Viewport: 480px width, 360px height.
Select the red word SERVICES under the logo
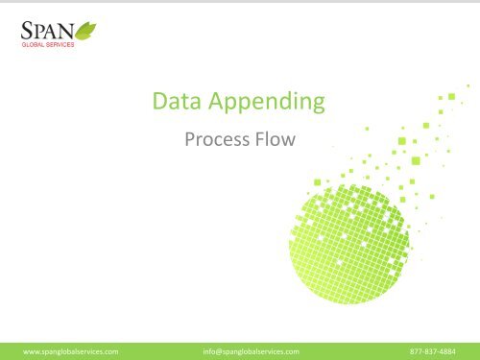[64, 45]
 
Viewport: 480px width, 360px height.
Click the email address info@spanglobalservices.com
[252, 350]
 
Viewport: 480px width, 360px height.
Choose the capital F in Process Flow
[256, 141]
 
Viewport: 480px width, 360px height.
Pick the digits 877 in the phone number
[417, 350]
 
